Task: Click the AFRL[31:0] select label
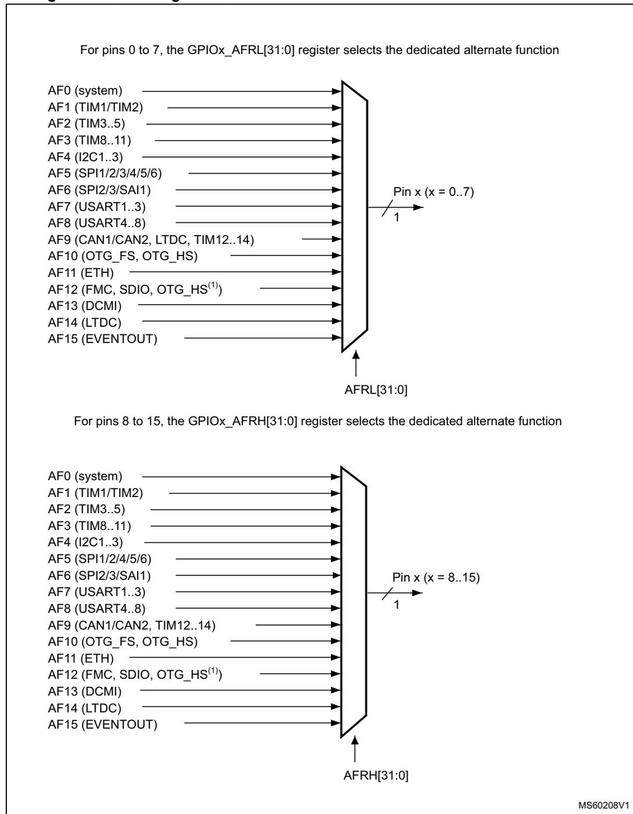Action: coord(376,390)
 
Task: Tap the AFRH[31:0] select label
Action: coord(376,775)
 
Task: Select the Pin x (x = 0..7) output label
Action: coord(433,192)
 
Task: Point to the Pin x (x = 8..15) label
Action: coord(436,577)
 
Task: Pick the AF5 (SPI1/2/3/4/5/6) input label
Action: coord(105,174)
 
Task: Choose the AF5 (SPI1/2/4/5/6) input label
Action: coord(100,559)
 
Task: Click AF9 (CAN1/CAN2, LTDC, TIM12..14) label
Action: coord(151,239)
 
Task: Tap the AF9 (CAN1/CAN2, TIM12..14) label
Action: coord(132,625)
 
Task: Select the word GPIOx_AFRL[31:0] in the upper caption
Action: coord(241,50)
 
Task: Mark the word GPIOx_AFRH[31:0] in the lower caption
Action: coord(243,422)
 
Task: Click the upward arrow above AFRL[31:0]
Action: coord(356,363)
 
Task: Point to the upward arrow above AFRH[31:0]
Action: coord(355,748)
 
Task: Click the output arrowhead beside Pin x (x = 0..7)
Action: coord(419,207)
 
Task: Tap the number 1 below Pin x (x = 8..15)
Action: coord(397,604)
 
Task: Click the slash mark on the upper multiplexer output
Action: coord(388,208)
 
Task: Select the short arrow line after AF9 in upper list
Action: coord(322,239)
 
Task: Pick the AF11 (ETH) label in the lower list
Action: coord(81,658)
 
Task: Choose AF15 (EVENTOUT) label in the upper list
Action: coord(103,338)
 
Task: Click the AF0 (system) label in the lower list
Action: coord(85,476)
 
